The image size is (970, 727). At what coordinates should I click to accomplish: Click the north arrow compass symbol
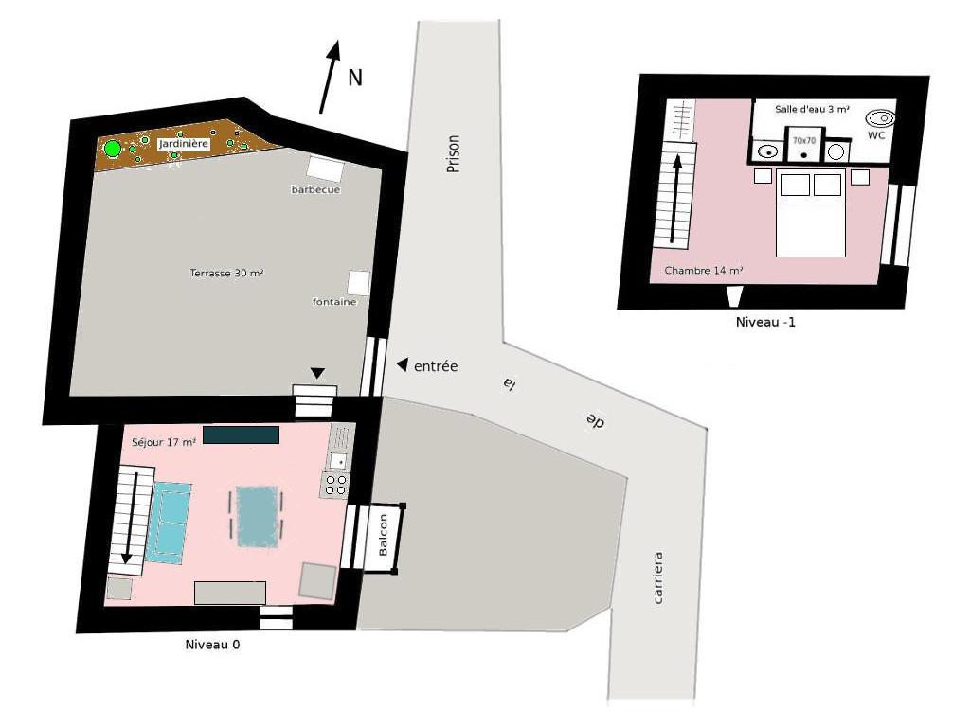click(x=330, y=77)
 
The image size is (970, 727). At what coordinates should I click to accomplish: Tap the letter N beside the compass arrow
click(x=354, y=78)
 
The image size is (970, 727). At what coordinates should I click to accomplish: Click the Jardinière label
click(x=184, y=144)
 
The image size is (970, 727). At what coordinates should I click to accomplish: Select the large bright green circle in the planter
click(x=113, y=149)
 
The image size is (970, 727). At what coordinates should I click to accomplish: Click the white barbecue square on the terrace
click(x=326, y=168)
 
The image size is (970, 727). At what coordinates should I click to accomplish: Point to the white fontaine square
click(x=359, y=283)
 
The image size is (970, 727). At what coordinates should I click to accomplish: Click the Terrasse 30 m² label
click(x=227, y=273)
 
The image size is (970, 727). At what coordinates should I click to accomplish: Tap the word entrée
click(x=436, y=366)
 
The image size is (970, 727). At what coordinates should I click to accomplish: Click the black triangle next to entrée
click(x=402, y=364)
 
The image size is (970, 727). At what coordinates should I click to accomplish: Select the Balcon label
click(x=383, y=535)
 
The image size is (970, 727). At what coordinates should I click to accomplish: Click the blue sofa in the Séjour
click(x=169, y=523)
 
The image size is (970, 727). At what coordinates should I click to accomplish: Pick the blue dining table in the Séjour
click(x=258, y=516)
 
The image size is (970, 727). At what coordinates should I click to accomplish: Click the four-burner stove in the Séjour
click(x=335, y=485)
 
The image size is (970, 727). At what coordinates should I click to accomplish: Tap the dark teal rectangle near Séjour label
click(x=241, y=434)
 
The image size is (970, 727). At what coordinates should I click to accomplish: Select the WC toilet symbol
click(x=880, y=117)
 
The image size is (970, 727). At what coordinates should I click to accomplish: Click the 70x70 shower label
click(x=804, y=141)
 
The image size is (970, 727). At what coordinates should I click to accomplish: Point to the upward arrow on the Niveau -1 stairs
click(x=675, y=199)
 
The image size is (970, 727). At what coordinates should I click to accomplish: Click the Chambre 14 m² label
click(x=704, y=270)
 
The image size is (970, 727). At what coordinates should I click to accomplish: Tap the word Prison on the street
click(x=454, y=154)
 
